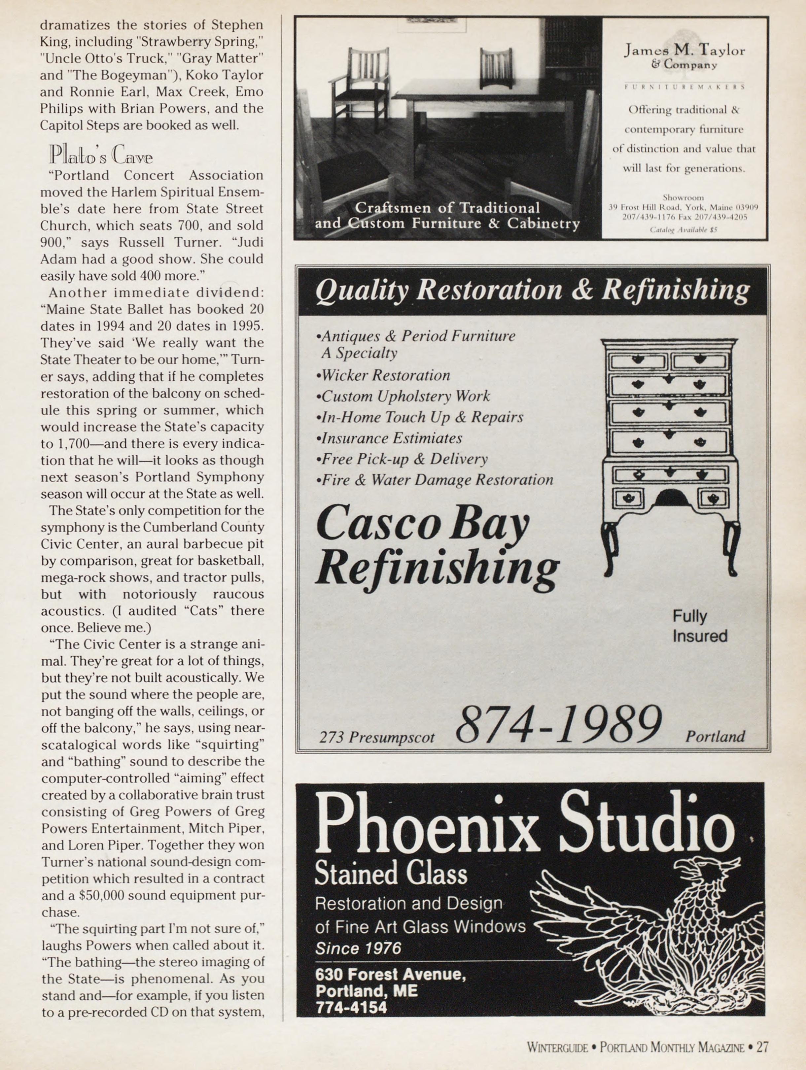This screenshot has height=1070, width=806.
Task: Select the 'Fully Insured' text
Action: [x=700, y=626]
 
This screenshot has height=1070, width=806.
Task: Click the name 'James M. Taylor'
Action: [x=684, y=50]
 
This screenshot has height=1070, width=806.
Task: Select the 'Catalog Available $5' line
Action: [x=683, y=230]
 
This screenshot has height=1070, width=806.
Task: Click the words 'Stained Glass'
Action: [x=391, y=874]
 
